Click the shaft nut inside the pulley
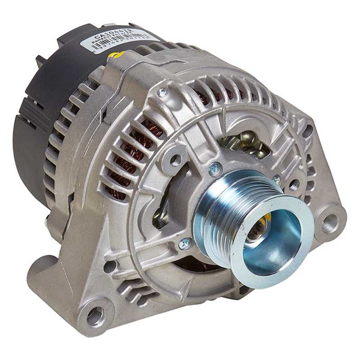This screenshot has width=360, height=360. click(x=263, y=229)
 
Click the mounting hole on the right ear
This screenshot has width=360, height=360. click(x=328, y=224)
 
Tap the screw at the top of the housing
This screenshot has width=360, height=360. click(x=162, y=92)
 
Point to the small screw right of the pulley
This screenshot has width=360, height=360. click(x=277, y=179)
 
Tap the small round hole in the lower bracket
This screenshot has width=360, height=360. click(x=110, y=266)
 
